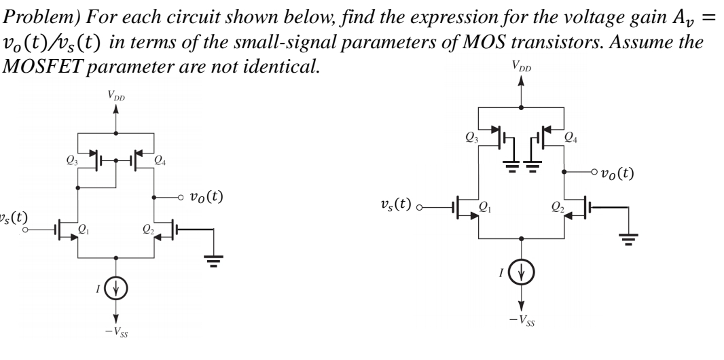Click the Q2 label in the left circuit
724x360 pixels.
pos(147,230)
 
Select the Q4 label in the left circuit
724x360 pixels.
pos(160,160)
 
